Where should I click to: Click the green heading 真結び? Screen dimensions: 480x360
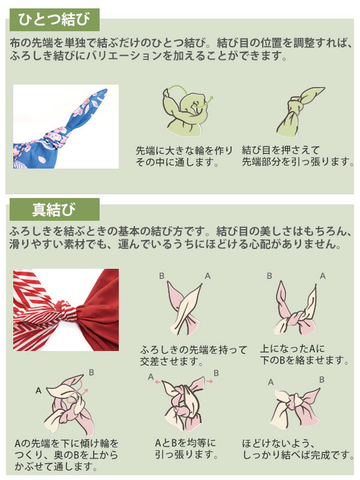pyautogui.click(x=54, y=210)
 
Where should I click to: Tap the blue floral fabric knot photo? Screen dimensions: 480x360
pyautogui.click(x=66, y=127)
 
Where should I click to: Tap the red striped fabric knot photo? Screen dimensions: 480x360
pyautogui.click(x=66, y=310)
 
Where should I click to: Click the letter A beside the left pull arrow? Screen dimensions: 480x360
pyautogui.click(x=151, y=376)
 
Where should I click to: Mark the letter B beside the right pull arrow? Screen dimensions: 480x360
pyautogui.click(x=216, y=373)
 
